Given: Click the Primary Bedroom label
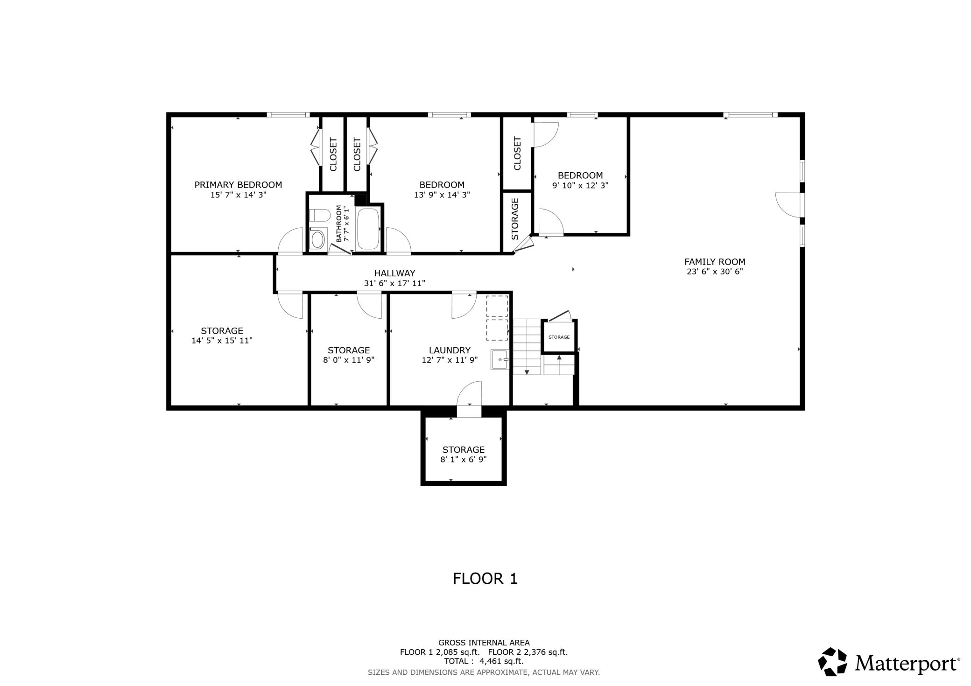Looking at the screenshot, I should pos(238,185).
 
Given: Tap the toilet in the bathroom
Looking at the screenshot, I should pos(319,216).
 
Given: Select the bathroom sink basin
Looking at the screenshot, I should pos(318,240).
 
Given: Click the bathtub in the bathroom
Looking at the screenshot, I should pos(368,229).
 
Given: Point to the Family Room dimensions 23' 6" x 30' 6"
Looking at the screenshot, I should pos(715,272).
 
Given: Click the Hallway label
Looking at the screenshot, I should pos(394,273).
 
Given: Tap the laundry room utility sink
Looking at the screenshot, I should pos(499,360).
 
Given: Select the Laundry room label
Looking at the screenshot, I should pos(450,350).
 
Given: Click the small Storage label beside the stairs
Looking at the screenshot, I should pos(559,337).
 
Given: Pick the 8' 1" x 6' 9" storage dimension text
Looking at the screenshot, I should pos(463,460).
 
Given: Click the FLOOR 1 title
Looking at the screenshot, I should pos(485,579).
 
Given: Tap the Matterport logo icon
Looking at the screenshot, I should pos(832,662).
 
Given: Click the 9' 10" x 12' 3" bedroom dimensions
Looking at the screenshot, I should pos(580,185).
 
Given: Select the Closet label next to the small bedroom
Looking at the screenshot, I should pos(517,154).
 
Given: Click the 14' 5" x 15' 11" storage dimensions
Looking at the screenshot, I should pos(222,341).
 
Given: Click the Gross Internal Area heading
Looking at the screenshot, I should pos(484,643).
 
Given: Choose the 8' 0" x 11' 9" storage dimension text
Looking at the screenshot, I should pos(349,360).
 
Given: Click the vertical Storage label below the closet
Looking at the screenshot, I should pos(515,219).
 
